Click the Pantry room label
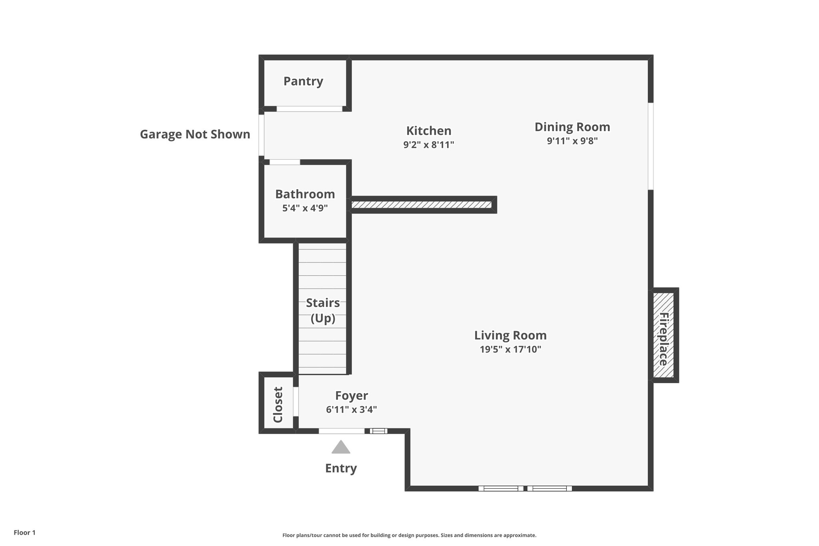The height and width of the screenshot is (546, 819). point(303,81)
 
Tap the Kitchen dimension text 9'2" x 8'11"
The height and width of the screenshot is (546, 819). point(429,145)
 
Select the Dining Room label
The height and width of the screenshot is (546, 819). point(572,127)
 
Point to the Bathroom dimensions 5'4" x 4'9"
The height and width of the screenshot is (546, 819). point(305,208)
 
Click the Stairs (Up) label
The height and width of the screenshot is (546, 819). point(323,310)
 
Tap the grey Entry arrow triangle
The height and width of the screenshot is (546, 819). point(341,448)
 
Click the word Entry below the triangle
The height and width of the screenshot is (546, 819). point(341,468)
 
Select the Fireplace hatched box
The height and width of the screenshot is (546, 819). point(663,335)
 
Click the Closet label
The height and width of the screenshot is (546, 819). point(278,404)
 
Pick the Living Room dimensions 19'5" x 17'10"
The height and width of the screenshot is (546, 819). point(510,349)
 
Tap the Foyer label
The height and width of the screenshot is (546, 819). point(352,396)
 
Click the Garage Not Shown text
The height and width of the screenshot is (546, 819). point(195,134)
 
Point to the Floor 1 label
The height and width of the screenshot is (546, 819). point(25,533)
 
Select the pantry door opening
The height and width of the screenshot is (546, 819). point(310,109)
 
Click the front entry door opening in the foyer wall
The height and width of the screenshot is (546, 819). point(342,431)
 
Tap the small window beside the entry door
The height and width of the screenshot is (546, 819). point(378,431)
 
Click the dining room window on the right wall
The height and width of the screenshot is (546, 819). point(651,146)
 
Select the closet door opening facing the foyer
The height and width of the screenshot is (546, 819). point(296,401)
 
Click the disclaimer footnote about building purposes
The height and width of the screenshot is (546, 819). point(409,535)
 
